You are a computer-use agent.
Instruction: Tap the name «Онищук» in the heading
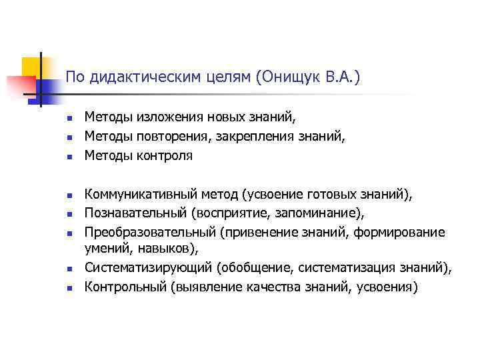point(287,78)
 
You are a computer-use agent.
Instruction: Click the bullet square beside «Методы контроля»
point(68,158)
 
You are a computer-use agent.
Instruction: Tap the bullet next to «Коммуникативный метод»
point(68,197)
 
